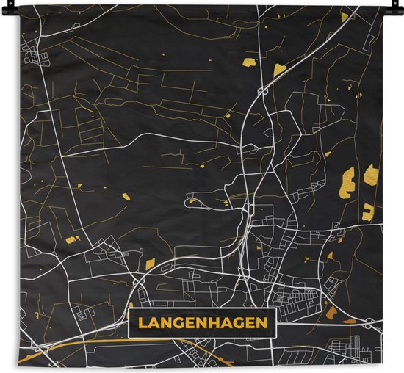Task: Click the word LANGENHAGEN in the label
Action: (x=202, y=322)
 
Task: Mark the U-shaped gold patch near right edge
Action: (x=367, y=213)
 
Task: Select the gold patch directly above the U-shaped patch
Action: (x=370, y=175)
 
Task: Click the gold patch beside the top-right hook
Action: (x=345, y=16)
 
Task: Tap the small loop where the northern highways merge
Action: (x=262, y=92)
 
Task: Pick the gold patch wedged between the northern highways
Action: (x=279, y=70)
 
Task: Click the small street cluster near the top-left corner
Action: (x=33, y=53)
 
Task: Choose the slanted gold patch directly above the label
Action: (x=150, y=264)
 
